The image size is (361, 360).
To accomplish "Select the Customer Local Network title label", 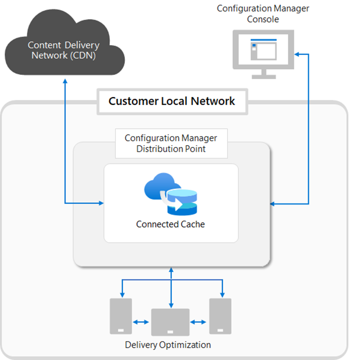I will [x=172, y=101].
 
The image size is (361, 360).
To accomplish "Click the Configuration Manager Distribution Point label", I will [x=171, y=143].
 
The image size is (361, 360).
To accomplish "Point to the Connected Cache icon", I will [x=171, y=196].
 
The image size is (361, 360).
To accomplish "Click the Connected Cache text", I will [x=170, y=225].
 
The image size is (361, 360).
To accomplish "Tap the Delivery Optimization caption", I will [x=168, y=345].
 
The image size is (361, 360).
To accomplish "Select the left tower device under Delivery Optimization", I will [x=121, y=316].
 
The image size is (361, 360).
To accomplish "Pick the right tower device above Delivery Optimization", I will [x=220, y=316].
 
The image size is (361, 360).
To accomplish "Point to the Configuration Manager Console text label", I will [x=263, y=14].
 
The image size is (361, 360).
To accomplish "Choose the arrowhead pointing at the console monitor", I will [x=297, y=54].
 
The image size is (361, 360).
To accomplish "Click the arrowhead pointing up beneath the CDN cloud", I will [x=65, y=82].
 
